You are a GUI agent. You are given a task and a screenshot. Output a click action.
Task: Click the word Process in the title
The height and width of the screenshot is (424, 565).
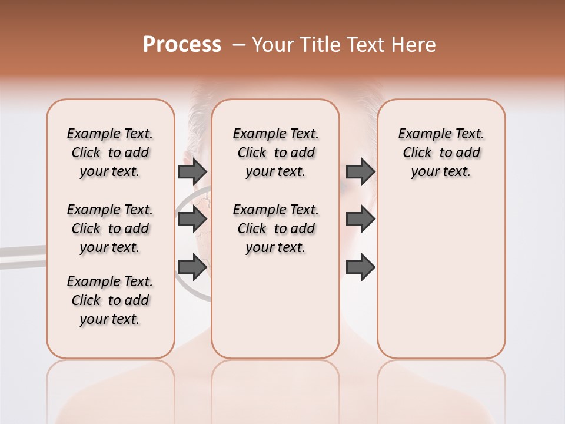pos(182,45)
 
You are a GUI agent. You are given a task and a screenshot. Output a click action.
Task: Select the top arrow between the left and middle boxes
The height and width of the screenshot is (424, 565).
pos(192,171)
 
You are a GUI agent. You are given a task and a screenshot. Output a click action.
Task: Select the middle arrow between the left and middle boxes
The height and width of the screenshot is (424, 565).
pos(192,219)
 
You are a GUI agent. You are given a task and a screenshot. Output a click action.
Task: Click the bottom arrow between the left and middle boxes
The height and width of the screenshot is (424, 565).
pos(192,267)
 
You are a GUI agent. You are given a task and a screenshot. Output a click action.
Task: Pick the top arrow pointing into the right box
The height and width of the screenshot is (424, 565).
pos(360,171)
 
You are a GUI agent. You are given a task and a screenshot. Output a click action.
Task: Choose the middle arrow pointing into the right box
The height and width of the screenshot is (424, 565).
pos(360,219)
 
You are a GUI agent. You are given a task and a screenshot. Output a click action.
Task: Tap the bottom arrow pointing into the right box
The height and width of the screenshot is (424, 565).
pos(360,267)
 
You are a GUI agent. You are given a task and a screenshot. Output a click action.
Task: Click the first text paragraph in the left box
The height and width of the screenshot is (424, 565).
pos(110,153)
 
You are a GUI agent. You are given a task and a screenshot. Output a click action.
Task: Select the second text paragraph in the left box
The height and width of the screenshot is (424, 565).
pos(110,228)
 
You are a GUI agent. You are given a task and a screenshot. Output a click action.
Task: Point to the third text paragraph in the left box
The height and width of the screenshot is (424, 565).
pos(110,300)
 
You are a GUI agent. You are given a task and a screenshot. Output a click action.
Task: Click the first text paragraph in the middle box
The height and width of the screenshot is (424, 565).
pos(275,153)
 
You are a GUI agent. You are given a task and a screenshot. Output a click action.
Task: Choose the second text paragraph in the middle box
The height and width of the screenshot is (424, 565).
pos(275,228)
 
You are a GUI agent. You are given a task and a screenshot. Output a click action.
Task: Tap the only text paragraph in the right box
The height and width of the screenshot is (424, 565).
pos(441,153)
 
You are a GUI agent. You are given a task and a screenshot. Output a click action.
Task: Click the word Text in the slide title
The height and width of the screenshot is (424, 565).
pos(366,45)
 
